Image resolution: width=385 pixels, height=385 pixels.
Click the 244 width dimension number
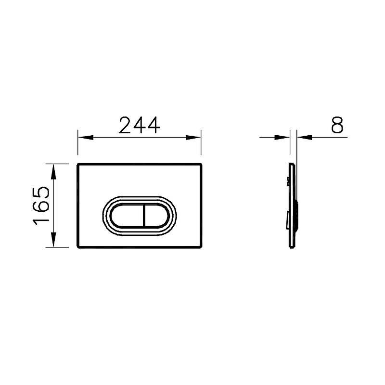(x=140, y=125)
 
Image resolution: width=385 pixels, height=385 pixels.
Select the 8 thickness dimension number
(x=337, y=125)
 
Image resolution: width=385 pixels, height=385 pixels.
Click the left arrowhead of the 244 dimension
(x=83, y=137)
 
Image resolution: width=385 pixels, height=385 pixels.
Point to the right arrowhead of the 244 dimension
(x=195, y=137)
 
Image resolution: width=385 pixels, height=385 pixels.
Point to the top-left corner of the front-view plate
(x=78, y=164)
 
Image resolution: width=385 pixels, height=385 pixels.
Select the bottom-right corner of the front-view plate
(x=201, y=247)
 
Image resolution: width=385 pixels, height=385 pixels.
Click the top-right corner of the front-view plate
(x=201, y=164)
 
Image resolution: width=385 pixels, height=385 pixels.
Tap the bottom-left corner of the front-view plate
(x=78, y=247)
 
